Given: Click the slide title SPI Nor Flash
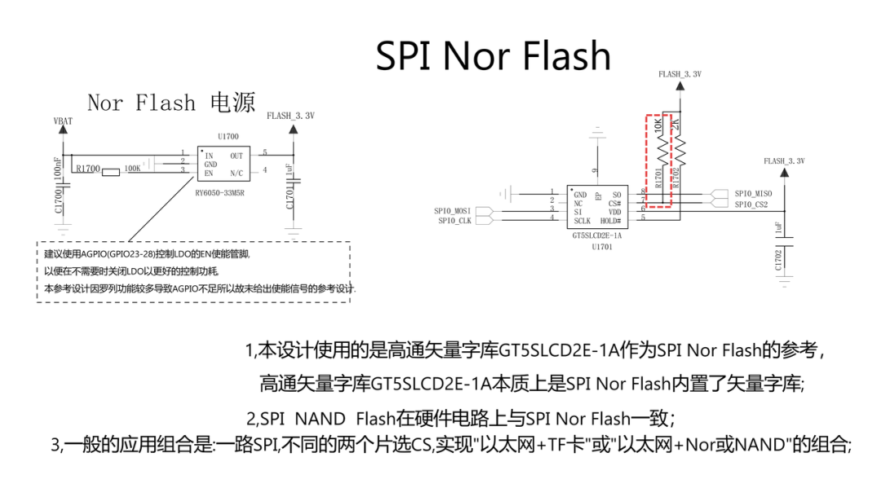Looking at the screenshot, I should click(x=493, y=55).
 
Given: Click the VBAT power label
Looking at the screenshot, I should click(x=63, y=121).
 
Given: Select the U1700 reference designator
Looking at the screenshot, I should click(x=228, y=136).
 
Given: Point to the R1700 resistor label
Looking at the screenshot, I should click(x=87, y=169).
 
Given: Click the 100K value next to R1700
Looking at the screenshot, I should click(x=131, y=169).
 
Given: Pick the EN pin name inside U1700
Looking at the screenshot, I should click(x=210, y=172).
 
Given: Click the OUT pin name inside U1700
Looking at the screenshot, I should click(x=237, y=155).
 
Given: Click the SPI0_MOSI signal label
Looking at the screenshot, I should click(x=453, y=211).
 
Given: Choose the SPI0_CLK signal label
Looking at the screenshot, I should click(x=454, y=221).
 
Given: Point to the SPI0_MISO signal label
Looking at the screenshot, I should click(x=753, y=194).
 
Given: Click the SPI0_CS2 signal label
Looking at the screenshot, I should click(x=751, y=204).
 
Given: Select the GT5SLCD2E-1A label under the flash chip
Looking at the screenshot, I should click(x=597, y=235).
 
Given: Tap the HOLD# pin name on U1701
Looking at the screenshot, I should click(x=611, y=221).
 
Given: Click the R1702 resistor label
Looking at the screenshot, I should click(x=675, y=178).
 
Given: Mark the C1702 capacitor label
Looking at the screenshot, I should click(x=779, y=259).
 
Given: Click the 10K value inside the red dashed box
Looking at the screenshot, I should click(x=658, y=129).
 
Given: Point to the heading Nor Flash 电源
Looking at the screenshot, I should click(x=170, y=103).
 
